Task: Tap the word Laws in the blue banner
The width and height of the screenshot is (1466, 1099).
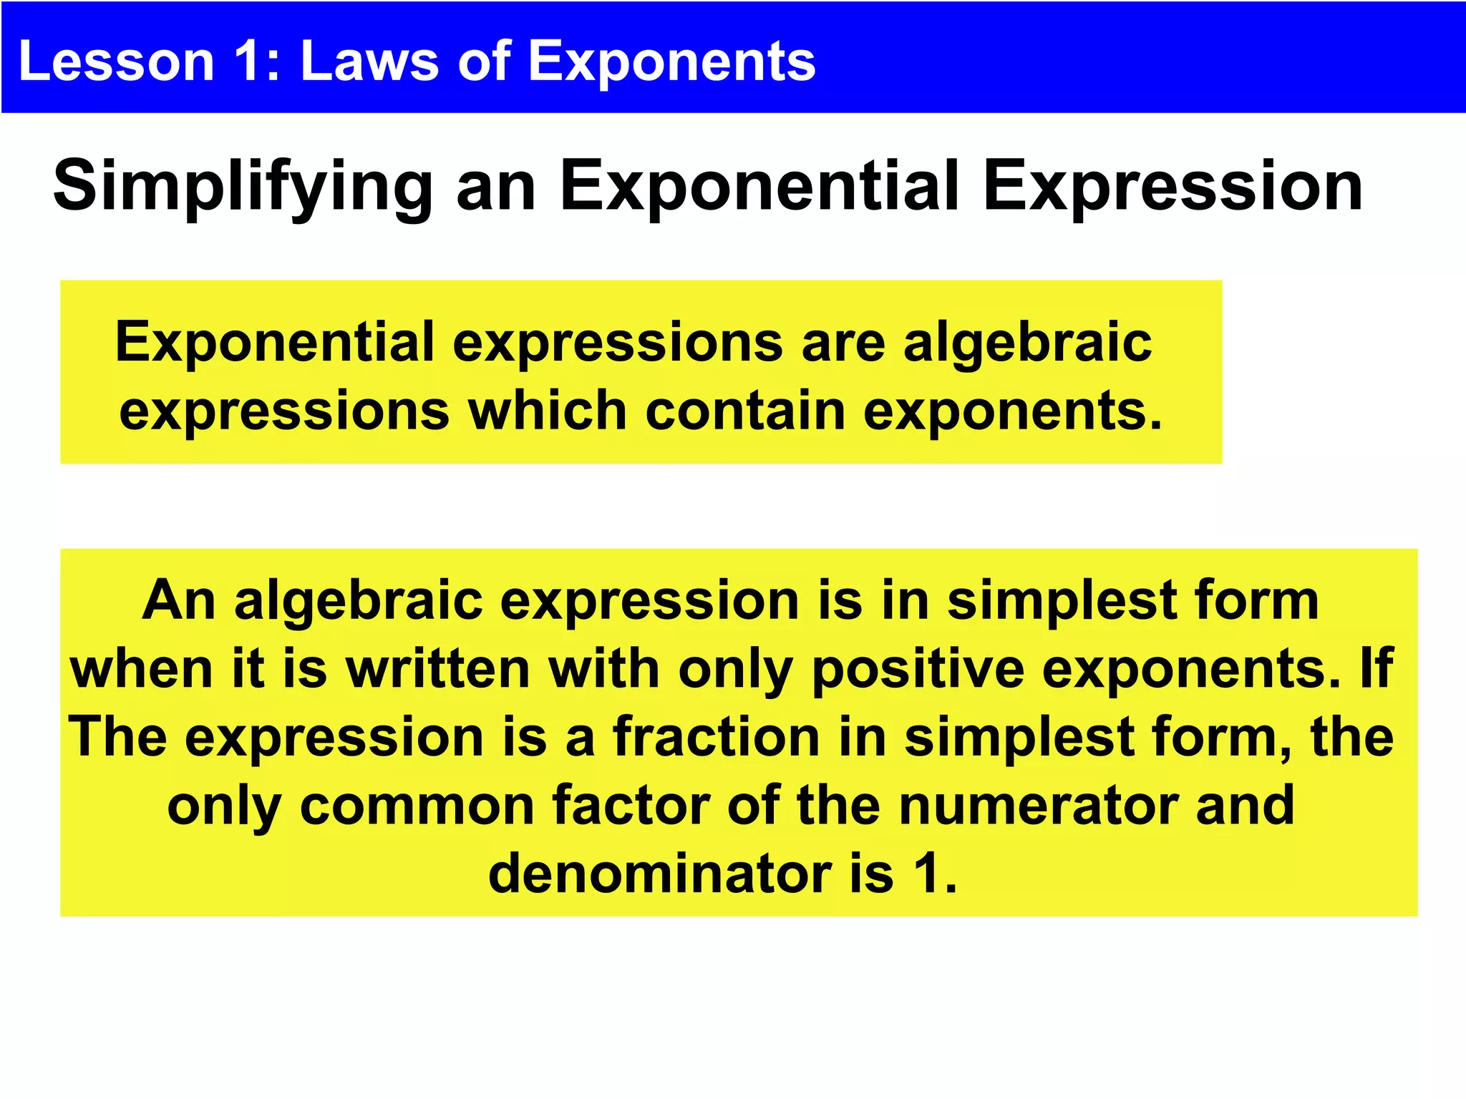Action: [369, 61]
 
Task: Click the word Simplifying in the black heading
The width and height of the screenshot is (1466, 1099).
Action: [243, 187]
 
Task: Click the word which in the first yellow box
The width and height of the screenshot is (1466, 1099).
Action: [548, 411]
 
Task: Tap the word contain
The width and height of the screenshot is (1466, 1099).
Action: [745, 411]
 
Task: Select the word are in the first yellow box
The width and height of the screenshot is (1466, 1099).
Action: [843, 343]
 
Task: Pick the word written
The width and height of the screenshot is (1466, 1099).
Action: [437, 669]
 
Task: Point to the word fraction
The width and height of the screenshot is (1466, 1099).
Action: [716, 737]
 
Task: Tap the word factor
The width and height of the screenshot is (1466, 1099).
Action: [631, 806]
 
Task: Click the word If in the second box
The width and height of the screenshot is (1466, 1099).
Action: [1375, 669]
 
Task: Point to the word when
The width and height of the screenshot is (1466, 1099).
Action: [141, 669]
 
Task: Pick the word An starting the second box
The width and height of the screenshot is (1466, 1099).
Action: [178, 600]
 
